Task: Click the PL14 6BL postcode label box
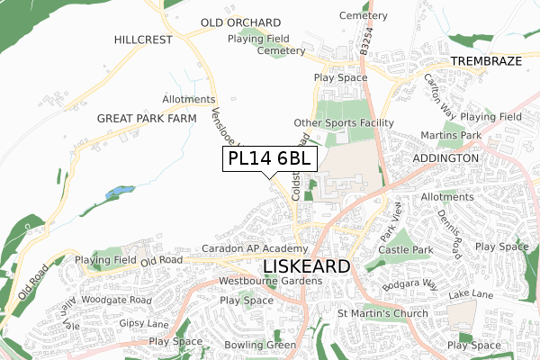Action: pyautogui.click(x=269, y=158)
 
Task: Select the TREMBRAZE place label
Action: pyautogui.click(x=485, y=62)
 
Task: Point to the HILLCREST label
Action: pyautogui.click(x=144, y=40)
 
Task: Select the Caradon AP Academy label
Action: pyautogui.click(x=255, y=248)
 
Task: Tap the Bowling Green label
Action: pyautogui.click(x=260, y=346)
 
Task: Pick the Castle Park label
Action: pyautogui.click(x=406, y=248)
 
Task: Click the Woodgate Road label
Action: pyautogui.click(x=117, y=299)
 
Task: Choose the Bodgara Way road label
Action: pyautogui.click(x=409, y=284)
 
